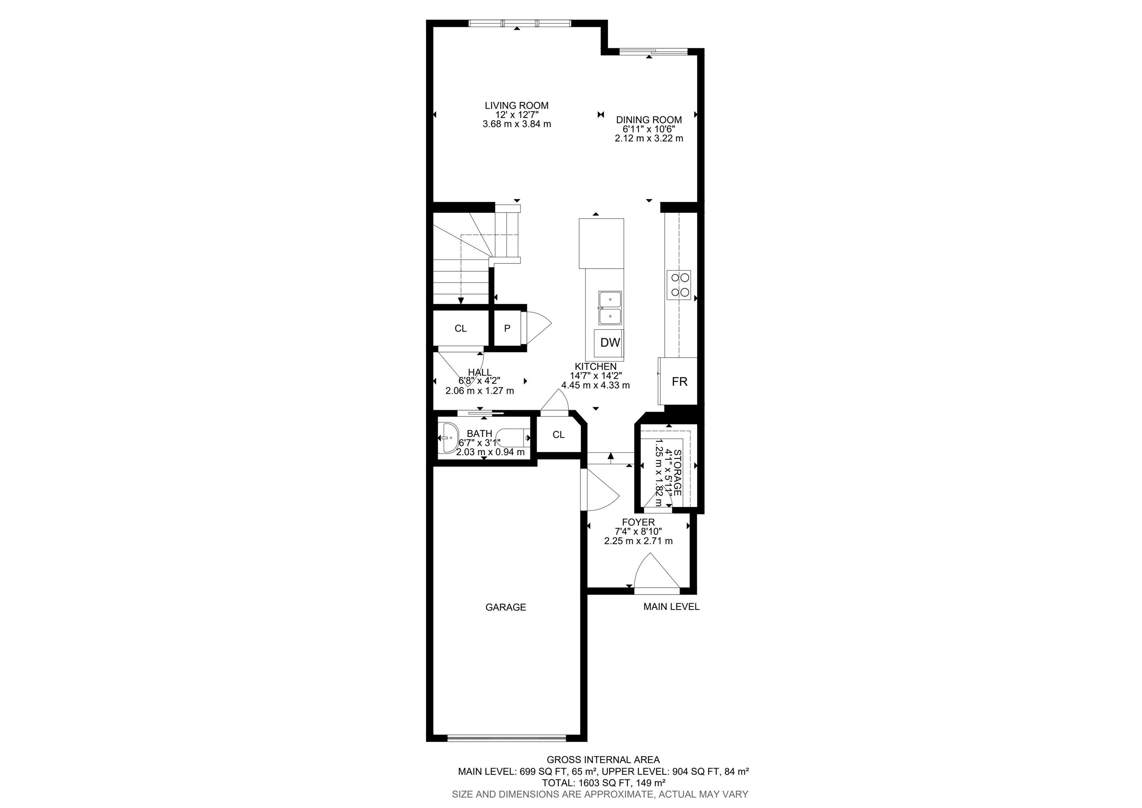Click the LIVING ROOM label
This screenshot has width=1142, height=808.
pyautogui.click(x=517, y=106)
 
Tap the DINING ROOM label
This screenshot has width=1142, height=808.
pyautogui.click(x=649, y=120)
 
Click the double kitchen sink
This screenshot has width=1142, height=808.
pyautogui.click(x=610, y=308)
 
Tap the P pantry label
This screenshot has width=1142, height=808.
pyautogui.click(x=507, y=329)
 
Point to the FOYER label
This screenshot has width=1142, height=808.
pyautogui.click(x=638, y=522)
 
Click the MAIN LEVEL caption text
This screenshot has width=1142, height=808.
pyautogui.click(x=671, y=607)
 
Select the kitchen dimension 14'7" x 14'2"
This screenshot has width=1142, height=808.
pyautogui.click(x=596, y=376)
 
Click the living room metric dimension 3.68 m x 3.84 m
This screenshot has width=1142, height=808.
pyautogui.click(x=517, y=124)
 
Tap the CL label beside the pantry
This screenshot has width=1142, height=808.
pyautogui.click(x=461, y=329)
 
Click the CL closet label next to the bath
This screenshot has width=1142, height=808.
pyautogui.click(x=559, y=435)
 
